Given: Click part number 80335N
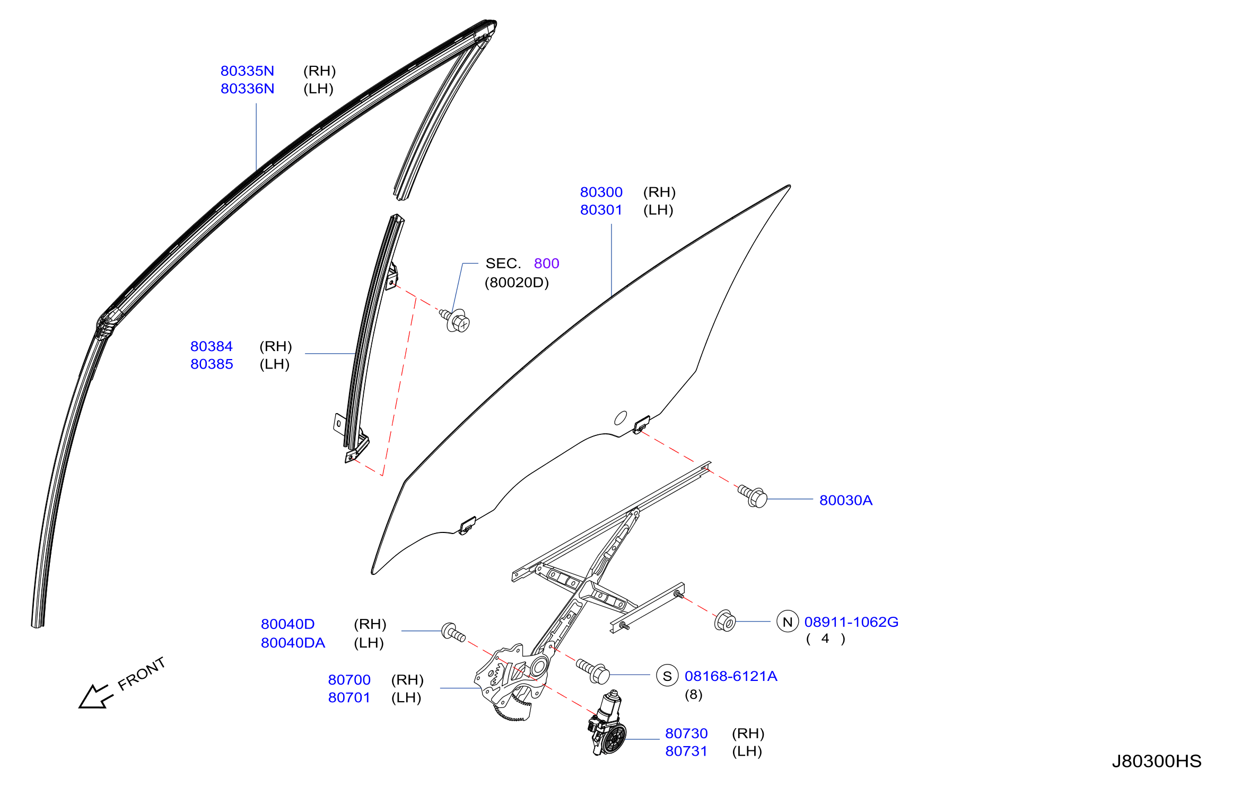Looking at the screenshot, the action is tap(247, 71).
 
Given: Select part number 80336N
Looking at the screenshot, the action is tap(247, 89).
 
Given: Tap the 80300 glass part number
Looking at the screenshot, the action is tap(601, 192).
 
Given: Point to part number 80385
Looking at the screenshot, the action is tap(212, 364).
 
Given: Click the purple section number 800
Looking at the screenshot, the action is tap(546, 264).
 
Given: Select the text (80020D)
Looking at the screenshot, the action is tap(517, 283).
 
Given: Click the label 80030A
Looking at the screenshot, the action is tap(846, 500).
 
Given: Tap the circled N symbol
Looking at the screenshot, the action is tap(788, 622).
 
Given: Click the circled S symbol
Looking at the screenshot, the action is tap(667, 676).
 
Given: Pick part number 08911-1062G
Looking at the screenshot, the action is tap(851, 622).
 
